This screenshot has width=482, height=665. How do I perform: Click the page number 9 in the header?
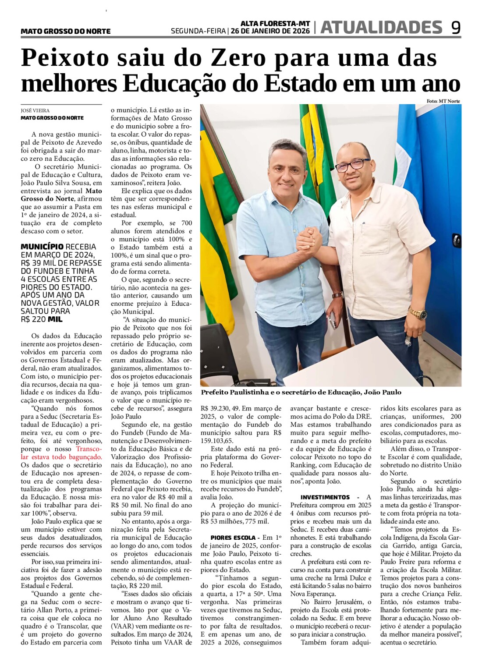point(456,28)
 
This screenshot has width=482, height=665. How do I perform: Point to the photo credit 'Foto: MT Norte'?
point(443,101)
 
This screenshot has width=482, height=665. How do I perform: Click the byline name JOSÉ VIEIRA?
point(35,111)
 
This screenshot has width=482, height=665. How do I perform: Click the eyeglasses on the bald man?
point(352,165)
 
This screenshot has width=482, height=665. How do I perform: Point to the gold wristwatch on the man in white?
point(417,313)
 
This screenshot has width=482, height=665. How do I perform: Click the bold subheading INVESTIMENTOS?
point(325,497)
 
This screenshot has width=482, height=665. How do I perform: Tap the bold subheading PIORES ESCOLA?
point(233,538)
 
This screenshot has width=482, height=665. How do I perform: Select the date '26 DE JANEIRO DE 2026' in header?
point(270,31)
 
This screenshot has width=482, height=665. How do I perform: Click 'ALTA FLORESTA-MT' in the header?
point(275,24)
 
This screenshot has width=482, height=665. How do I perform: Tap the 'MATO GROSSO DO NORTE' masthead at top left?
point(66,31)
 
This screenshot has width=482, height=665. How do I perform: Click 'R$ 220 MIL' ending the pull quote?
point(42,319)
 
